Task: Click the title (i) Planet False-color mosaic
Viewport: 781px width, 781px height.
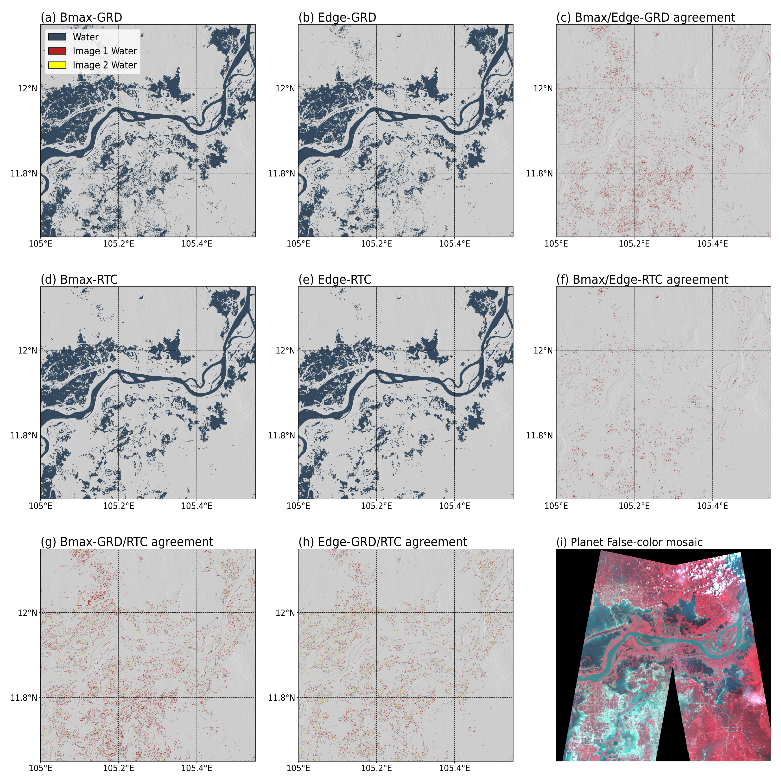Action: (629, 542)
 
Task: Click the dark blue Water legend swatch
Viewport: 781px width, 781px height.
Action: (57, 37)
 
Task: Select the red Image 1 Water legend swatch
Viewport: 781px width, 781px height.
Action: (57, 51)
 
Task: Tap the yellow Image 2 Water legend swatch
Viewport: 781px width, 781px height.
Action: (57, 65)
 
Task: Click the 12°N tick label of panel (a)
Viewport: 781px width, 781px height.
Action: (27, 88)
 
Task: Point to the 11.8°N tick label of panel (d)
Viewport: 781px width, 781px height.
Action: (23, 435)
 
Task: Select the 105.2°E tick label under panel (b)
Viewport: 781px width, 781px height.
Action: (376, 244)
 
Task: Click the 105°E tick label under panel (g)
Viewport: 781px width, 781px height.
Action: (40, 768)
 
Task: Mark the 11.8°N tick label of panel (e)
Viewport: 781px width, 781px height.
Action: (281, 435)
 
